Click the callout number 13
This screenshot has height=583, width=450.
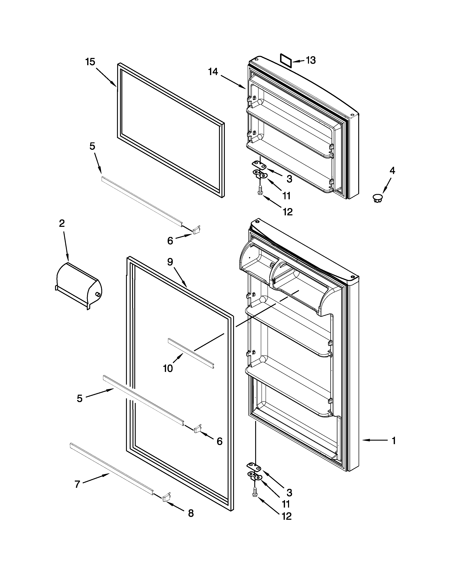pos(311,60)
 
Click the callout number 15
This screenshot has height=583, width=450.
pos(90,62)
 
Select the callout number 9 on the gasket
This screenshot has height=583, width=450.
pos(170,262)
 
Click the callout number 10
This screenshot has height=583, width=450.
pos(168,368)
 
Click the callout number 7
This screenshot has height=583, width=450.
pos(77,484)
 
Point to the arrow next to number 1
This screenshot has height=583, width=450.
pos(374,440)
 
